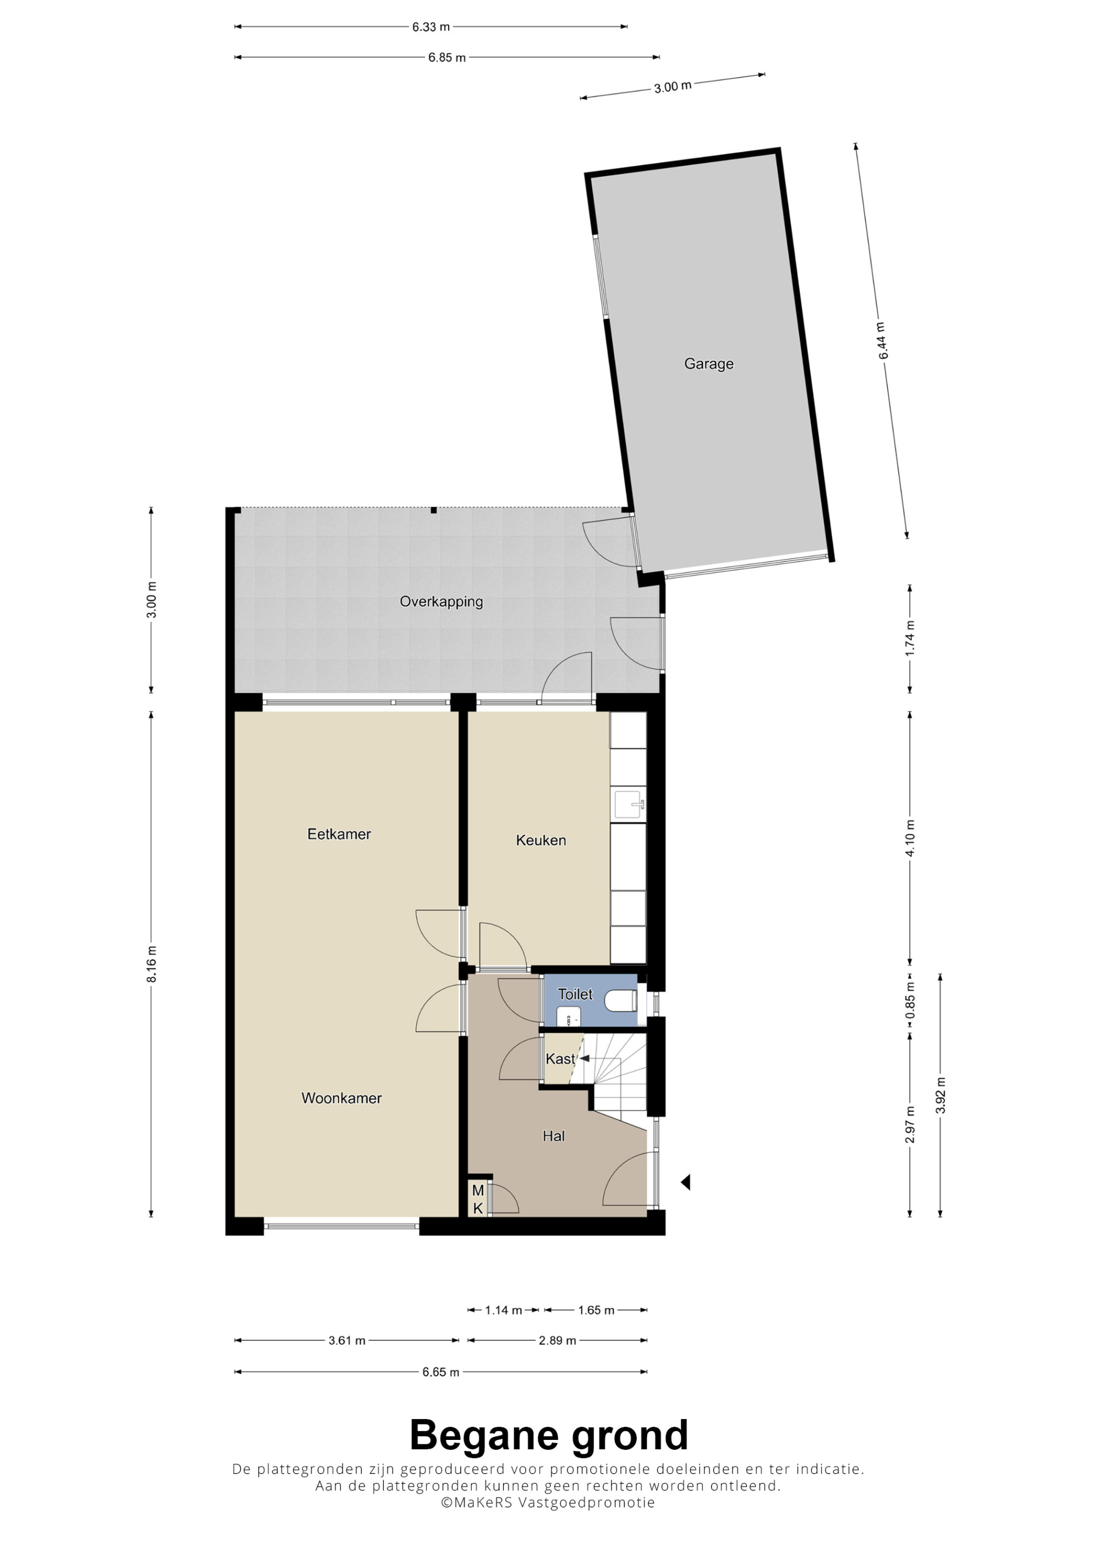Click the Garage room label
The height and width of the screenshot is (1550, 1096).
point(709,364)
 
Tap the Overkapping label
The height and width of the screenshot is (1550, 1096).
point(441,601)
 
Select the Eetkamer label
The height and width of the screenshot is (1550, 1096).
point(339,834)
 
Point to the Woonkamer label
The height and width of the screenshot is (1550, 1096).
point(342,1098)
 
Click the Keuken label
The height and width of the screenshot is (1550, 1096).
point(541,841)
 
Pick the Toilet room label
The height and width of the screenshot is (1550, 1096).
point(575,995)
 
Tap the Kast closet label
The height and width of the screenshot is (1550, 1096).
point(561,1059)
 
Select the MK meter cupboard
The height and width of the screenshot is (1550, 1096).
point(478,1199)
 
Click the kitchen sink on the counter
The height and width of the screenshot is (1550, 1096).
point(629,804)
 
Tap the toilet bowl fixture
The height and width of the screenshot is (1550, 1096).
point(620,1001)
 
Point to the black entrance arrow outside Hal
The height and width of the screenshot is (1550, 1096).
point(686,1182)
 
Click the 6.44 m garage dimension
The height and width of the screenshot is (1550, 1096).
point(883,341)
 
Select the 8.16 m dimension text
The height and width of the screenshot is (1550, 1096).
point(151,964)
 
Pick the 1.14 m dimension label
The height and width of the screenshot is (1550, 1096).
point(504,1310)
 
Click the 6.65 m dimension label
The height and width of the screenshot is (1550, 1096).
point(441,1373)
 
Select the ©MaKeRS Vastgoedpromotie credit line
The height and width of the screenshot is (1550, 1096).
point(549,1503)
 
